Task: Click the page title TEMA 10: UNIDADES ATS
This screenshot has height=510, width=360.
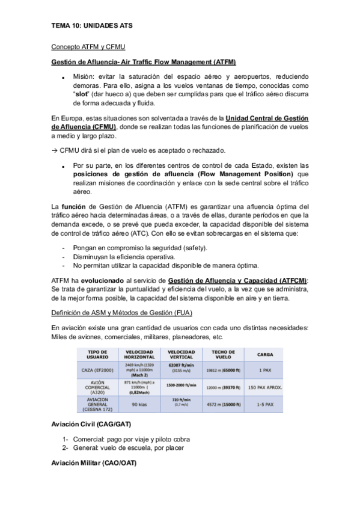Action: (x=92, y=26)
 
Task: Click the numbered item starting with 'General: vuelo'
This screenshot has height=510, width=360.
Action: (x=132, y=447)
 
